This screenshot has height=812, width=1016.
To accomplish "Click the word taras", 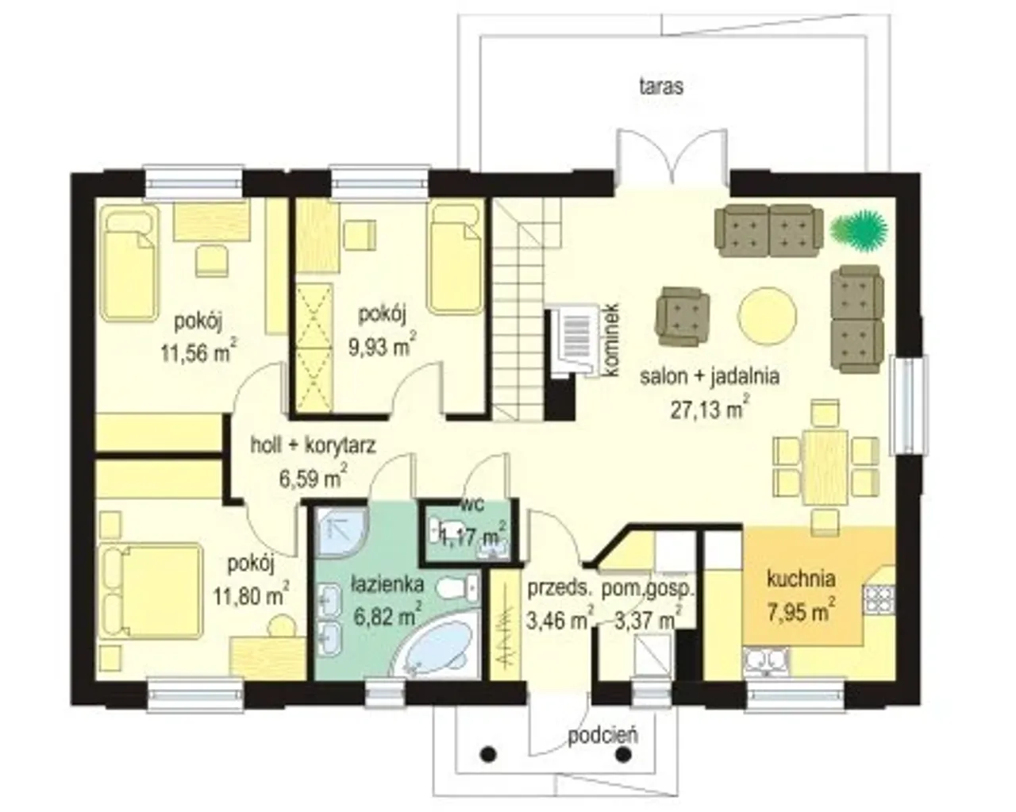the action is (x=661, y=87).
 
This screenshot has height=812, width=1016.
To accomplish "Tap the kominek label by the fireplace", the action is (x=611, y=340).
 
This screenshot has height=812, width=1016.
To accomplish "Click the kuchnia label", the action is (x=801, y=579).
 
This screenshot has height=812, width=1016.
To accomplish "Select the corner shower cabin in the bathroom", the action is (x=341, y=532).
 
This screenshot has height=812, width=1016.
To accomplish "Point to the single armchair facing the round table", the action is (x=682, y=317).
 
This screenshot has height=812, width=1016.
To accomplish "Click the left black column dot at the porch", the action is (x=489, y=754).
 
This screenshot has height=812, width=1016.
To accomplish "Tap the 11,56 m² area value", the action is (x=198, y=352).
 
